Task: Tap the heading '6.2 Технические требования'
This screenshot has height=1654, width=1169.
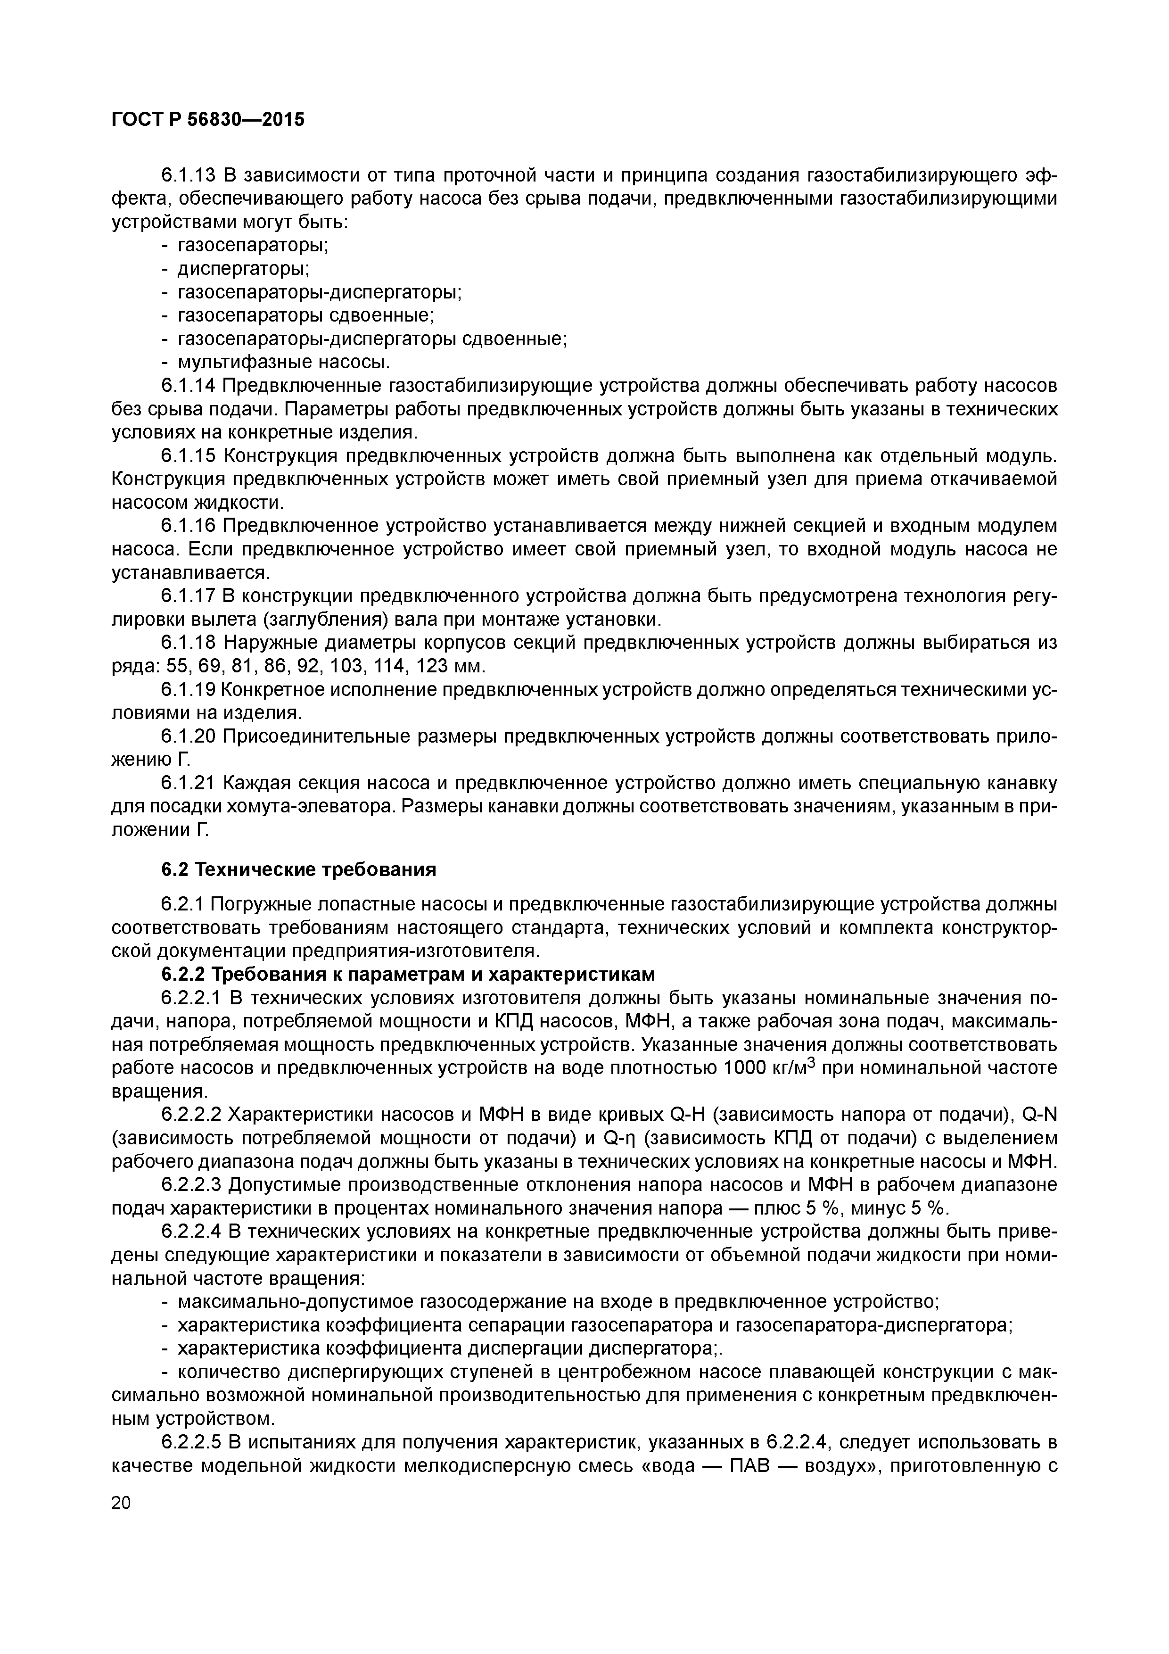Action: click(x=298, y=869)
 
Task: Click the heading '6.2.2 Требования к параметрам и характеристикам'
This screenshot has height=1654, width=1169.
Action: click(x=408, y=974)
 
